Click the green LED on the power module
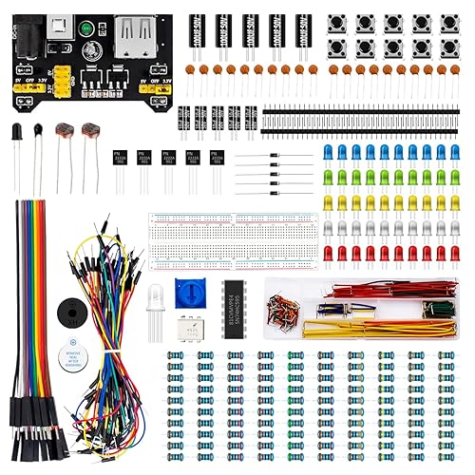point(91,28)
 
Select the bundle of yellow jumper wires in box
point(380,332)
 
